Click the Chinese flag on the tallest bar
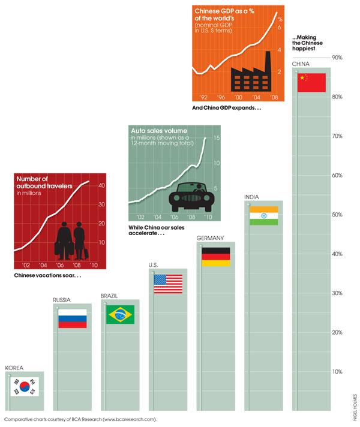pyautogui.click(x=311, y=82)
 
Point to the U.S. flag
pyautogui.click(x=168, y=283)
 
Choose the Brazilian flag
pyautogui.click(x=120, y=314)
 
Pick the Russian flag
pyautogui.click(x=72, y=318)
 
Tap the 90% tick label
pyautogui.click(x=337, y=58)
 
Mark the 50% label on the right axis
pyautogui.click(x=337, y=215)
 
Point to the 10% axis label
pyautogui.click(x=337, y=372)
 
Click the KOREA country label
pyautogui.click(x=14, y=368)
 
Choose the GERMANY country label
pyautogui.click(x=210, y=237)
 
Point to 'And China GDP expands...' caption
pyautogui.click(x=227, y=109)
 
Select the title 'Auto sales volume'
pyautogui.click(x=159, y=130)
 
